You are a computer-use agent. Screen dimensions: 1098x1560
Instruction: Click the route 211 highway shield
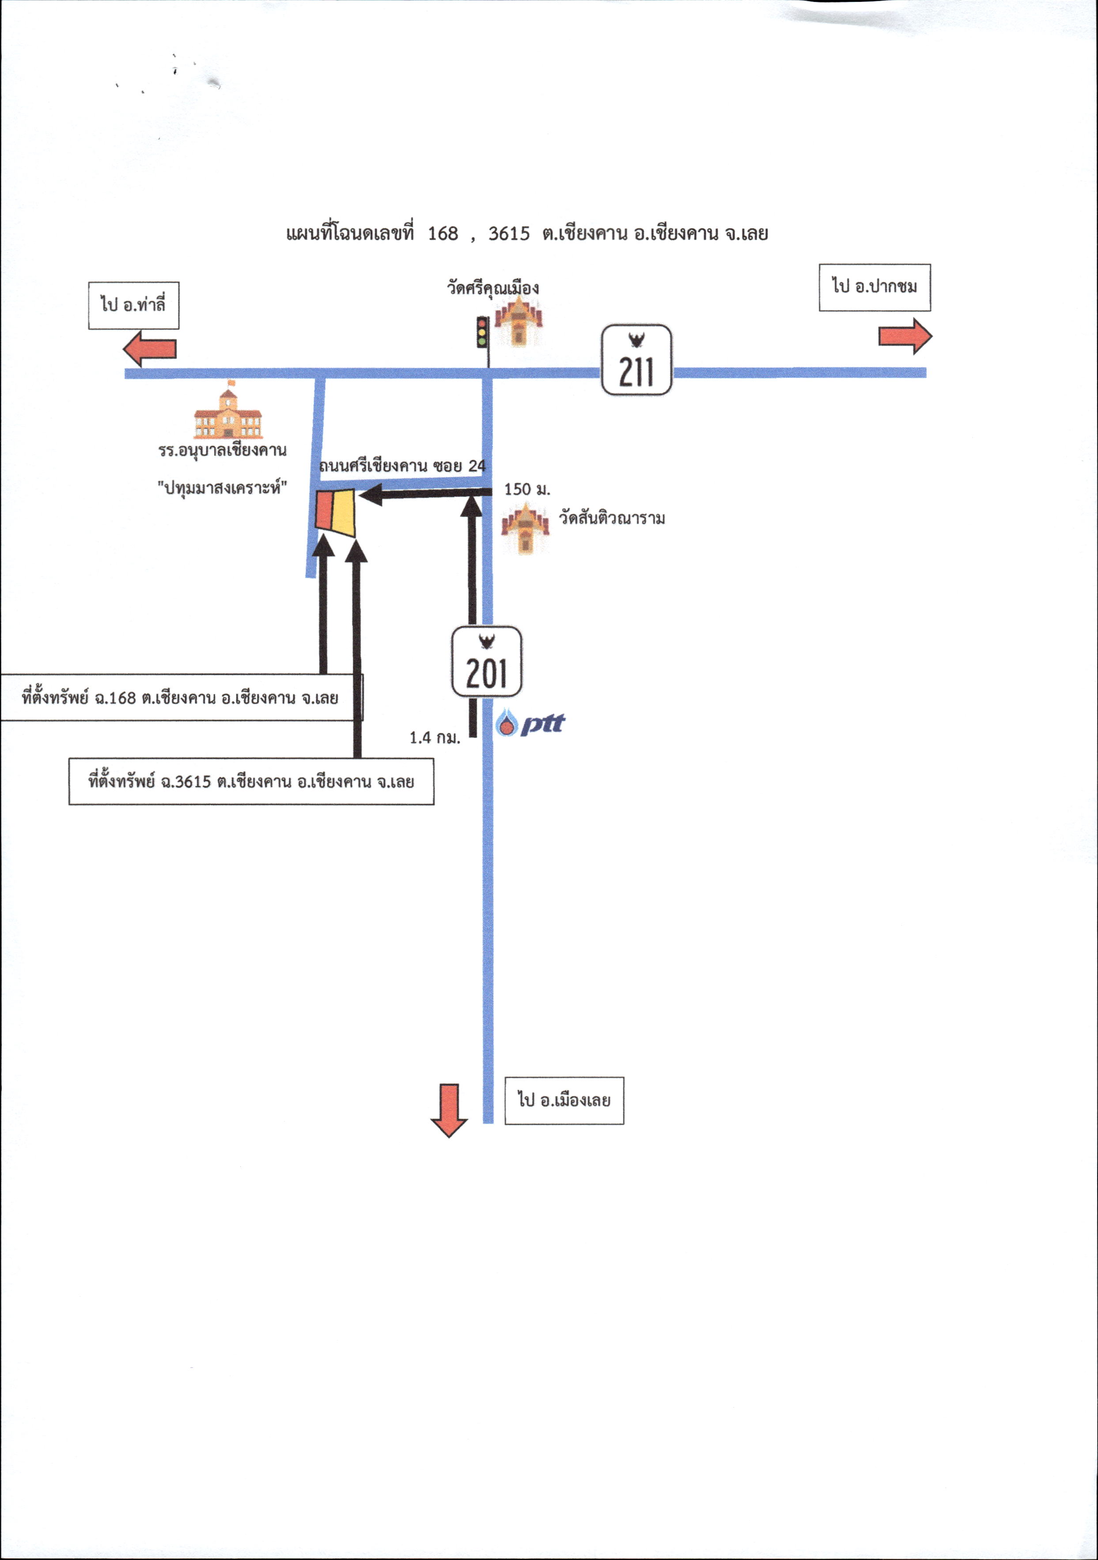click(x=636, y=360)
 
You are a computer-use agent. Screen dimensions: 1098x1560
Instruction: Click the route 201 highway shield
click(x=486, y=661)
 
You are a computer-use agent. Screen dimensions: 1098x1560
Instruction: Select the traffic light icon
click(x=482, y=332)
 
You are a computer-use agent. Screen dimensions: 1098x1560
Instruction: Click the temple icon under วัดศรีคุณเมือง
click(x=519, y=322)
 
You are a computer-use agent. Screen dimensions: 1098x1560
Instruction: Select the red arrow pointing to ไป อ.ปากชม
click(x=905, y=336)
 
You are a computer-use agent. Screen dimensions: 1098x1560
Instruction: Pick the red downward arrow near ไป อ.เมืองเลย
click(x=448, y=1110)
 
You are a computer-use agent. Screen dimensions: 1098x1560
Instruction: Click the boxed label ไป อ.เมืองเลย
click(x=564, y=1100)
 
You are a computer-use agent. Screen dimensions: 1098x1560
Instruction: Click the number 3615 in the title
click(x=509, y=234)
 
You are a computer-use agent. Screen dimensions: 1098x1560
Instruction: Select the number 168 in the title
click(x=443, y=234)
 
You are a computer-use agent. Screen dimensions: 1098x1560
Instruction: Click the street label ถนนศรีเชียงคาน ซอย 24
click(x=402, y=466)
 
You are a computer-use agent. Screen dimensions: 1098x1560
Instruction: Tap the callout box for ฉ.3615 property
click(x=251, y=781)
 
